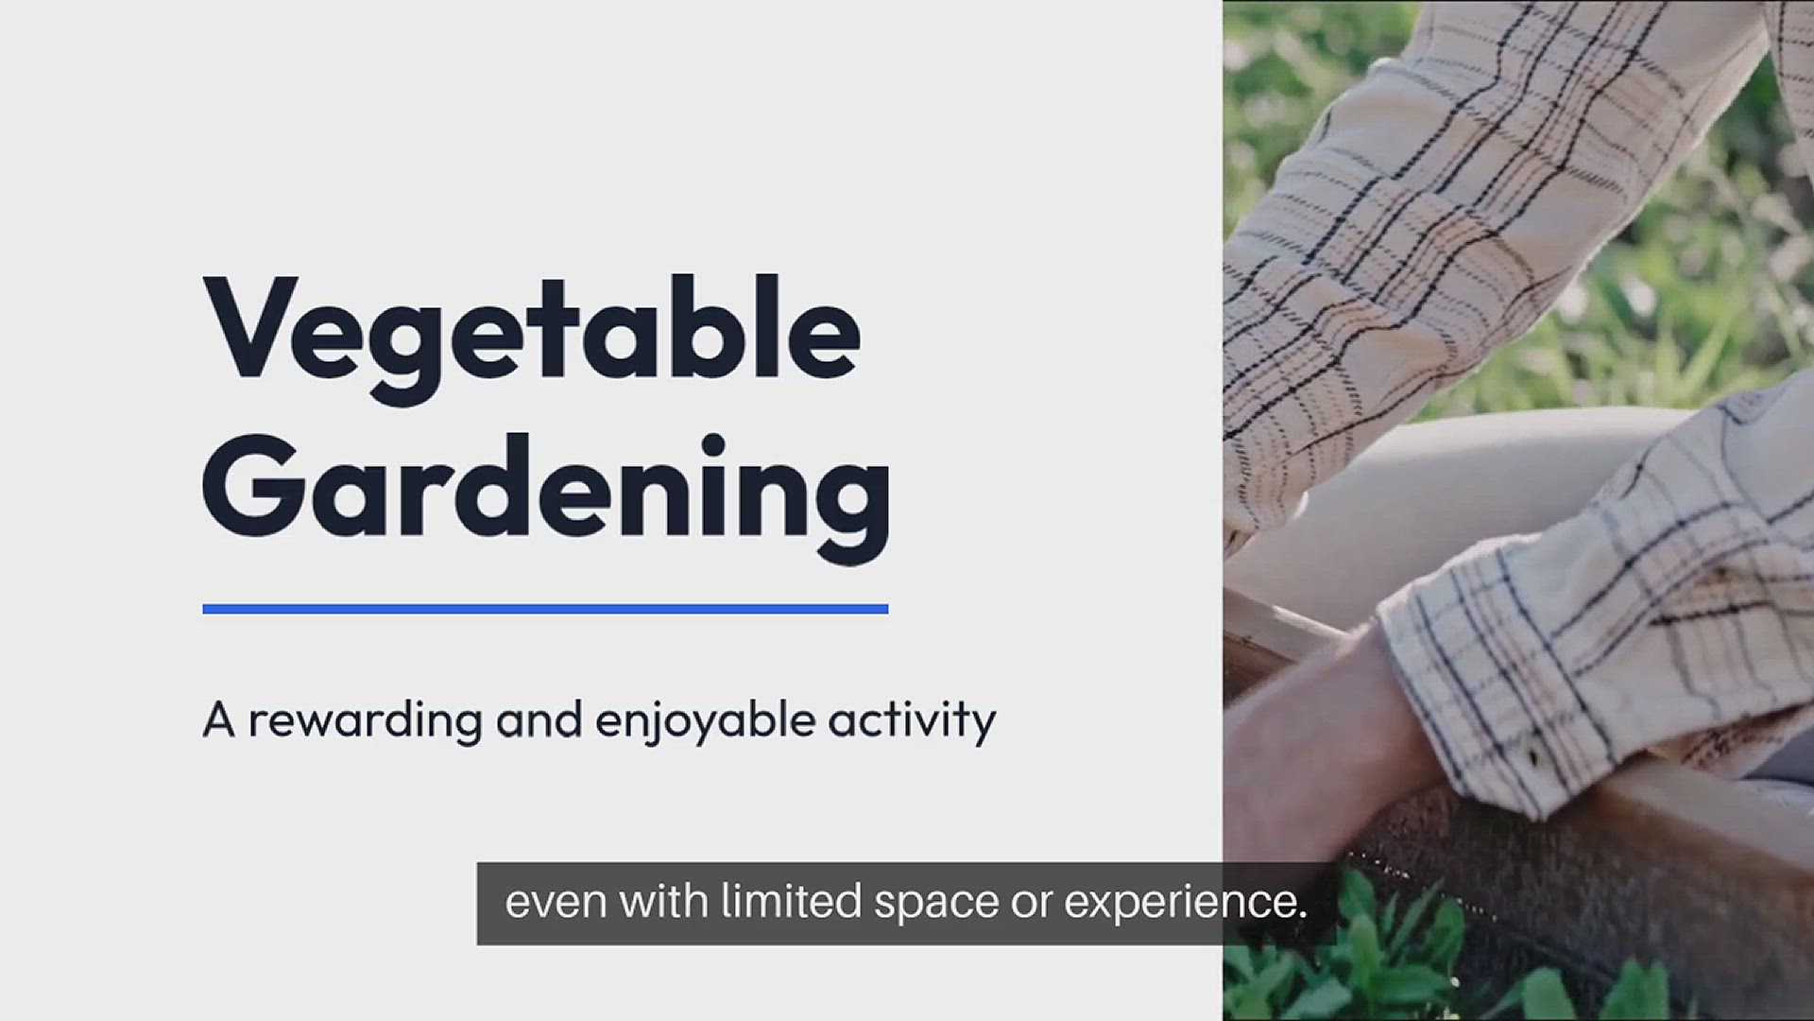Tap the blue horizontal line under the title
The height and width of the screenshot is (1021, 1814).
click(x=545, y=609)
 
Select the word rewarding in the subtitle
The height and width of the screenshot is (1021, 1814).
click(x=366, y=721)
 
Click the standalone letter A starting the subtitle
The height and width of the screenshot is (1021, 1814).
click(x=218, y=720)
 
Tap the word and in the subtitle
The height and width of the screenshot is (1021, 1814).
click(x=539, y=719)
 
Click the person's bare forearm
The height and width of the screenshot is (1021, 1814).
click(x=1323, y=718)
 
